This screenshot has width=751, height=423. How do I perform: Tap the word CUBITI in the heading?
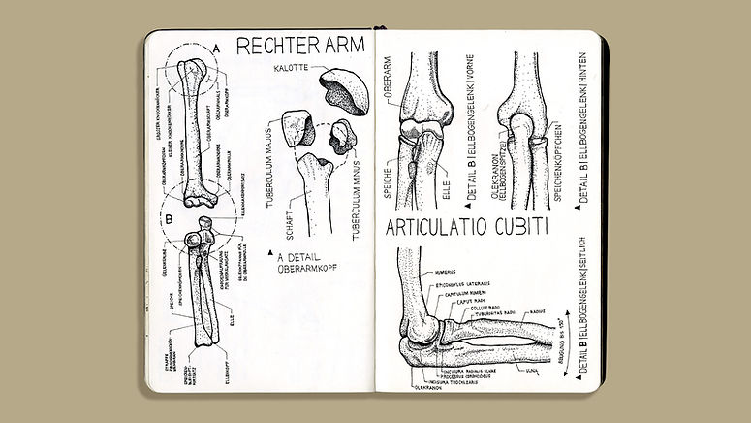(516, 229)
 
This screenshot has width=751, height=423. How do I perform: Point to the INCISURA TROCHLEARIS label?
(452, 383)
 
